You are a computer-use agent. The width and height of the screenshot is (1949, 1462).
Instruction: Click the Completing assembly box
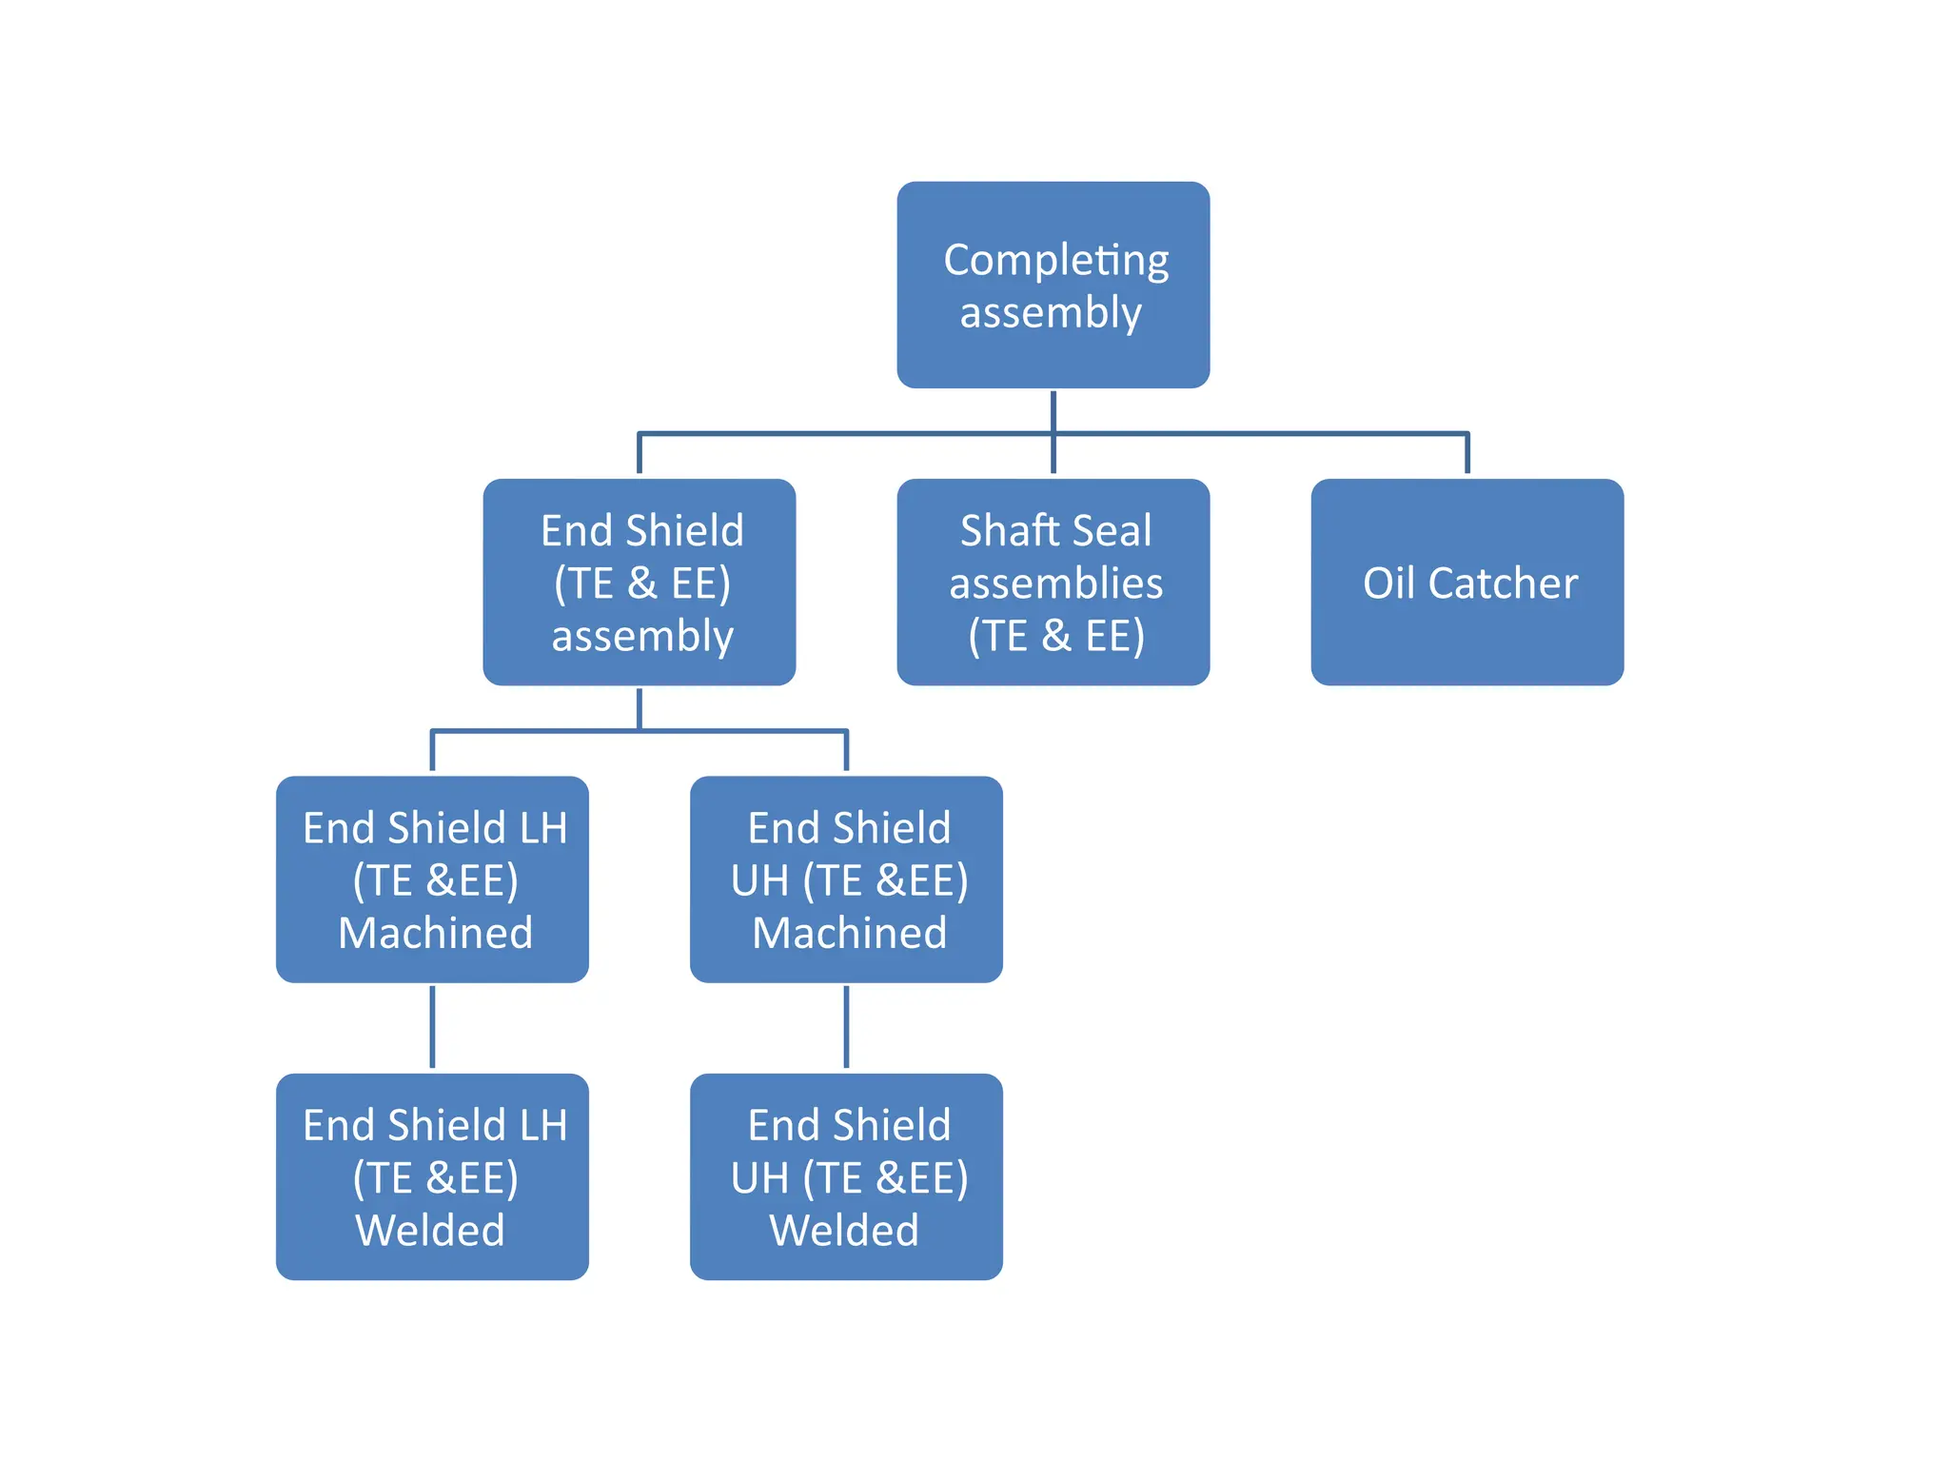click(1053, 285)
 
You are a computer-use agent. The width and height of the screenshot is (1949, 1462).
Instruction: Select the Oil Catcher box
click(1467, 582)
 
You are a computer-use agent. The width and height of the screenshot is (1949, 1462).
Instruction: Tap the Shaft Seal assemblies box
click(1053, 582)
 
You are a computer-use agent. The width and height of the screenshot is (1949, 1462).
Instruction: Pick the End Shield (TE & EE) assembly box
click(639, 582)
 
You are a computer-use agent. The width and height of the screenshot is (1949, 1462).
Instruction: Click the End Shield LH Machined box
click(432, 879)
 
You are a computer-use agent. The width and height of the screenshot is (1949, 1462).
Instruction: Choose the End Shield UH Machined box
click(846, 879)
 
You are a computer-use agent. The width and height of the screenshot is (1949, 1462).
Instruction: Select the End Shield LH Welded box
click(432, 1176)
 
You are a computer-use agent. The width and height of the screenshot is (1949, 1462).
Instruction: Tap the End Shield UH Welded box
click(846, 1176)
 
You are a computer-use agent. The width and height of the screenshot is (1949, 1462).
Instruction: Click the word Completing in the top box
click(1055, 261)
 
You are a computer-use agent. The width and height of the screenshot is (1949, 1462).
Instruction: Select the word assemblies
click(1055, 583)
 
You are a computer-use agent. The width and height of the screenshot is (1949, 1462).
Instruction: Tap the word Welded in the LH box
click(430, 1230)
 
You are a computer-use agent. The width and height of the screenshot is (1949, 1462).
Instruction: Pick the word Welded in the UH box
click(844, 1230)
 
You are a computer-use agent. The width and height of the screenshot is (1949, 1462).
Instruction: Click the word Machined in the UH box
click(849, 933)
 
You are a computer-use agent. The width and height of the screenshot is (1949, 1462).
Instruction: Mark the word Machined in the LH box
click(435, 933)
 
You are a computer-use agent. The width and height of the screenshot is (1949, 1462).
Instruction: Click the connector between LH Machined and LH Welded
click(432, 1027)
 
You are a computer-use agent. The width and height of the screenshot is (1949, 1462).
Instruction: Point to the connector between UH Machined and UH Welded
click(846, 1027)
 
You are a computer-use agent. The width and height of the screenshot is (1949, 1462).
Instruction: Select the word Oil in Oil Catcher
click(1389, 583)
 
